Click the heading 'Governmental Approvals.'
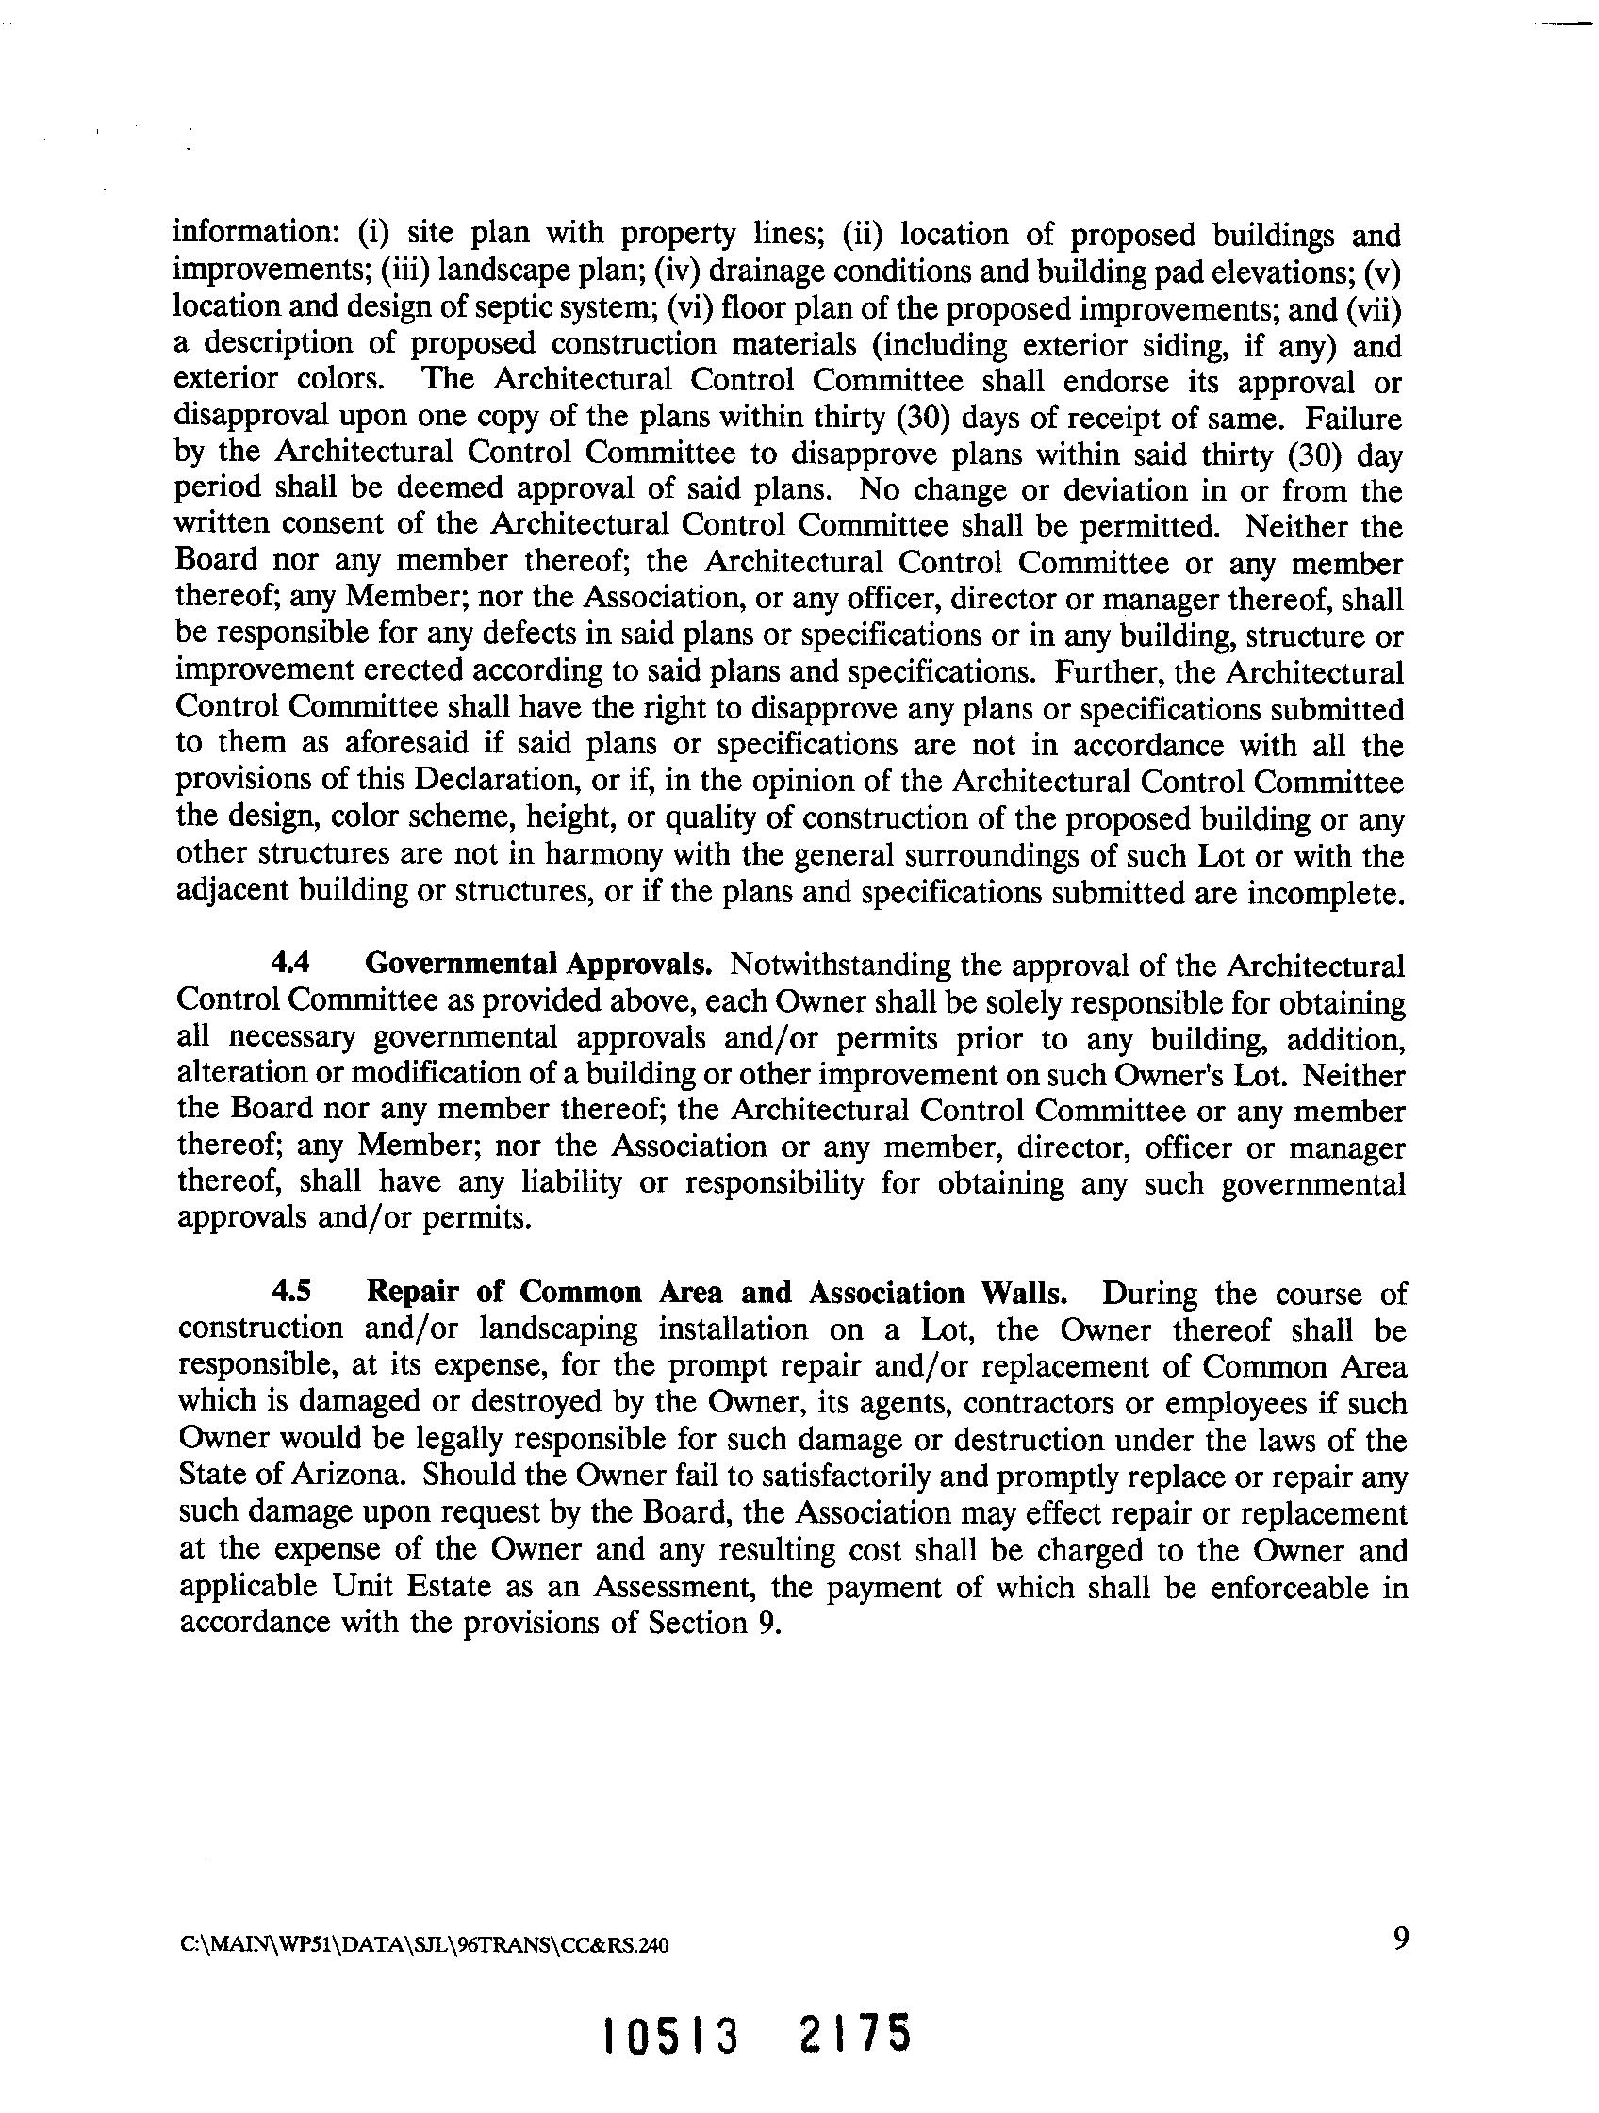[x=538, y=964]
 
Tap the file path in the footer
[x=424, y=1946]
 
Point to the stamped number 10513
[x=671, y=2037]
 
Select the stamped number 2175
[x=854, y=2035]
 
